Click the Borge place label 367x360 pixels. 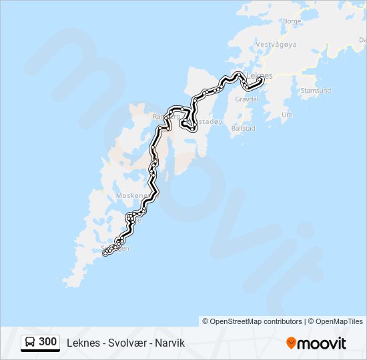pyautogui.click(x=292, y=21)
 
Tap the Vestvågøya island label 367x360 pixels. pyautogui.click(x=275, y=45)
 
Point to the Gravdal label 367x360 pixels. pyautogui.click(x=247, y=98)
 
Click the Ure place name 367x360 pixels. pyautogui.click(x=288, y=114)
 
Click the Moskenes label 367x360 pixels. pyautogui.click(x=130, y=196)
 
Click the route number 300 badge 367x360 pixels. pyautogui.click(x=47, y=342)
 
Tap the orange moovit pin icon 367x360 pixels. pyautogui.click(x=291, y=343)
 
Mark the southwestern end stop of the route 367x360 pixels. pyautogui.click(x=105, y=253)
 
